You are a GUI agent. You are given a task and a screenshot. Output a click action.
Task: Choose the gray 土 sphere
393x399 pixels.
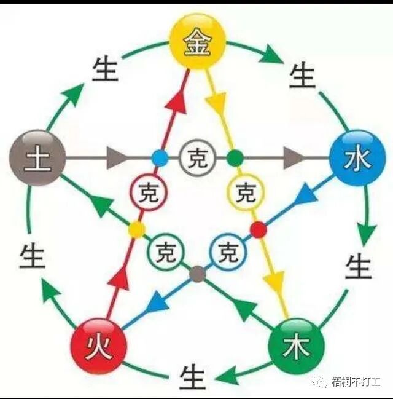click(x=37, y=158)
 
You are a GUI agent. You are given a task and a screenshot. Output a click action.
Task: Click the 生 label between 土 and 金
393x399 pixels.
click(x=105, y=70)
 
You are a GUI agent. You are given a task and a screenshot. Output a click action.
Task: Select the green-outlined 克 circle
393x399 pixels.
click(x=165, y=251)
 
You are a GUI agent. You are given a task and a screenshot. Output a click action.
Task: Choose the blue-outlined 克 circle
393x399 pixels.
click(x=228, y=251)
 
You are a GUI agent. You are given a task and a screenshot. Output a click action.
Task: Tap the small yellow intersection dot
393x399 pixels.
click(x=136, y=230)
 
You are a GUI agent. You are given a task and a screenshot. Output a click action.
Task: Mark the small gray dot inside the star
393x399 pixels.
click(x=196, y=274)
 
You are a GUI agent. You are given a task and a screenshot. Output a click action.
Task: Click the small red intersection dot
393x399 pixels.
click(x=259, y=230)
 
